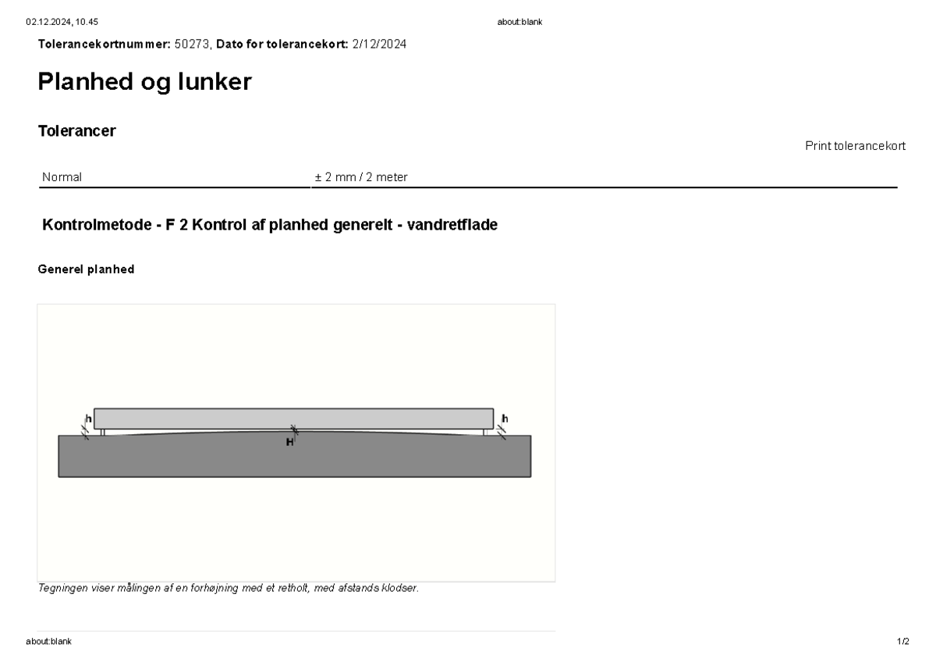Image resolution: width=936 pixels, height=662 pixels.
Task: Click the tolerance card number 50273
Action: [x=192, y=44]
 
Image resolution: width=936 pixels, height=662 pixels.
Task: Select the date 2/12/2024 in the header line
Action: [x=379, y=44]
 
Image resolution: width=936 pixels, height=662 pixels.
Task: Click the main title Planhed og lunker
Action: [x=144, y=81]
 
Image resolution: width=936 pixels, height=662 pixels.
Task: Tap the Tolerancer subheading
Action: [x=77, y=131]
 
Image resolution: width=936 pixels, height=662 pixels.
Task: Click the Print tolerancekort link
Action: [x=855, y=146]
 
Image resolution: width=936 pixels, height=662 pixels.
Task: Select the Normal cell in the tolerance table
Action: [x=62, y=177]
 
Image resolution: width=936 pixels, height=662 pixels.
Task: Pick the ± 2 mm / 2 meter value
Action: [x=361, y=177]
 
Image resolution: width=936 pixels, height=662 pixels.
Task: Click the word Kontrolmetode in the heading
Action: [x=97, y=225]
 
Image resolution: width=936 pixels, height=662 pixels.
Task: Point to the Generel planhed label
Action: [x=86, y=269]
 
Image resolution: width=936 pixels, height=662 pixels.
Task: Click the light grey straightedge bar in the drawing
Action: [x=293, y=418]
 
